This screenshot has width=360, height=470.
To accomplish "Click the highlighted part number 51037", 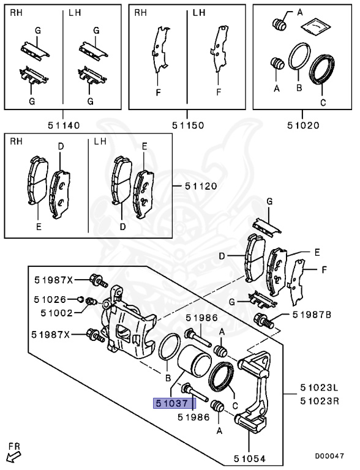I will click(173, 403).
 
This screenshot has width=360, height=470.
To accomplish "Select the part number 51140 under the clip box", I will click(64, 125).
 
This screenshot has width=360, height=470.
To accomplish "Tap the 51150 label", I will click(187, 125).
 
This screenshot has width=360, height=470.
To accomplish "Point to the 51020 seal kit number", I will click(303, 125).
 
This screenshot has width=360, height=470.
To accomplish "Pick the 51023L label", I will click(319, 387).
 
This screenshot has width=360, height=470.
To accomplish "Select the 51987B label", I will click(312, 315).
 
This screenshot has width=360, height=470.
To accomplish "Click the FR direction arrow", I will click(12, 455).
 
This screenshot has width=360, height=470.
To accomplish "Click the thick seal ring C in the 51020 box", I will click(323, 69).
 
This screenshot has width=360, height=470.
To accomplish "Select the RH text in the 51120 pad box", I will click(16, 143).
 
